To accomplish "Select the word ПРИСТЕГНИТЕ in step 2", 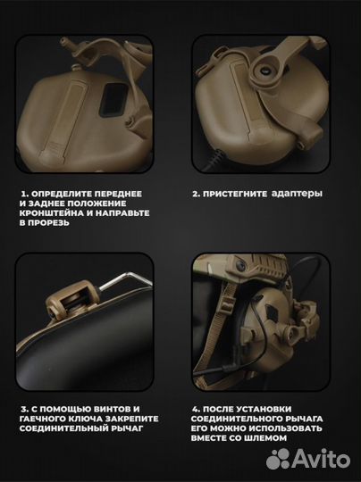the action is pos(235,194).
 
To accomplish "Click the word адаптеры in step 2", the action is pos(297,194).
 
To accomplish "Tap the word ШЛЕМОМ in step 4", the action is pos(266,438).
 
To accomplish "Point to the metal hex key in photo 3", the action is pos(125,280).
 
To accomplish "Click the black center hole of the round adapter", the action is pos(265,71).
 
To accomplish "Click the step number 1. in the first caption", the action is pos(25,194).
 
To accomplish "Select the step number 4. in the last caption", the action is pos(196,409).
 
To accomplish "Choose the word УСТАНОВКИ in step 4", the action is pos(264,409).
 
